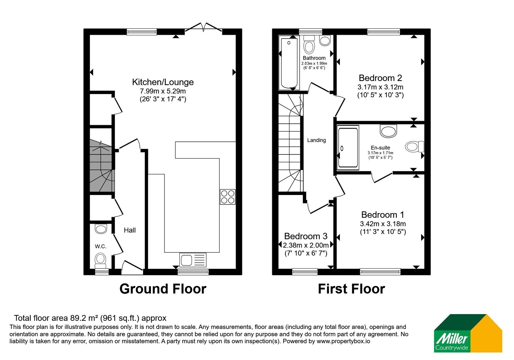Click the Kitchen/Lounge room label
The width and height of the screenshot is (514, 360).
pyautogui.click(x=163, y=82)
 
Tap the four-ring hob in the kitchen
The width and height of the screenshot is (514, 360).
pyautogui.click(x=228, y=197)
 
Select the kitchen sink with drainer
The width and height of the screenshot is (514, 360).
pyautogui.click(x=193, y=260)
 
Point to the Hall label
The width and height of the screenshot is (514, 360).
pyautogui.click(x=130, y=230)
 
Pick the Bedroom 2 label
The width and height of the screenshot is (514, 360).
pyautogui.click(x=380, y=78)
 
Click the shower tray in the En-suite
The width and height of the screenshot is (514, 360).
pyautogui.click(x=348, y=148)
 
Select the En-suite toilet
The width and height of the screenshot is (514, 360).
pyautogui.click(x=414, y=147)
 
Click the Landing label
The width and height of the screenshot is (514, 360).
pyautogui.click(x=316, y=140)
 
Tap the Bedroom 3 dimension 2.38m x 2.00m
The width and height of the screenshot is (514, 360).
pyautogui.click(x=306, y=245)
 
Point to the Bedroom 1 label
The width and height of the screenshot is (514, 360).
pyautogui.click(x=383, y=215)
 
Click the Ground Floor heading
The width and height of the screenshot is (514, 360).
pyautogui.click(x=163, y=289)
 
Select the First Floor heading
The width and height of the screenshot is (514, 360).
pyautogui.click(x=351, y=289)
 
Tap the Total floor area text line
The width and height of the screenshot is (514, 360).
pyautogui.click(x=90, y=318)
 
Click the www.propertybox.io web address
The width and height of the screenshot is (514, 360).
pyautogui.click(x=343, y=341)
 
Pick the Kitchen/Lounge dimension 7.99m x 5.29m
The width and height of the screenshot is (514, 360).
pyautogui.click(x=163, y=91)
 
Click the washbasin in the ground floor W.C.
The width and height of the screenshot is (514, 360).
pyautogui.click(x=101, y=229)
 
